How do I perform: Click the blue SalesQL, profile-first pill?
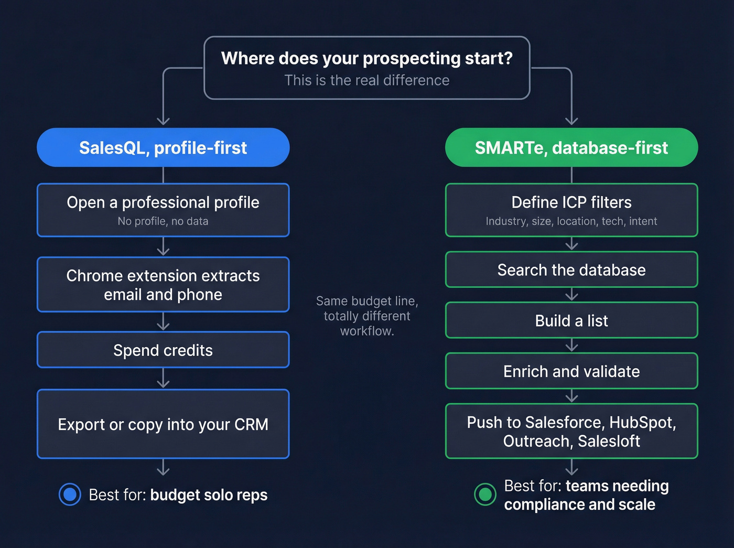click(x=163, y=147)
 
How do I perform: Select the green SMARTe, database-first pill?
click(x=571, y=147)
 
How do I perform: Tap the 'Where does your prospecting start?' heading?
click(x=366, y=58)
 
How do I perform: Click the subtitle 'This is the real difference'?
click(x=366, y=80)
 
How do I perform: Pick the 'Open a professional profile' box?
click(x=163, y=209)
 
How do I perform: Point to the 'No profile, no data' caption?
click(x=163, y=221)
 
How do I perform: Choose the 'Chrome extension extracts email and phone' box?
click(x=163, y=285)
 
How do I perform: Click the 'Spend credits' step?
click(x=163, y=350)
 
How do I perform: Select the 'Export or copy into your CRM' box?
click(x=163, y=424)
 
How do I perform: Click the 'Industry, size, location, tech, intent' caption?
click(x=571, y=221)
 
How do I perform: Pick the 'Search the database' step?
click(x=571, y=270)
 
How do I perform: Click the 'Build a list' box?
click(x=571, y=320)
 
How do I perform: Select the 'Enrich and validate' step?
click(x=571, y=371)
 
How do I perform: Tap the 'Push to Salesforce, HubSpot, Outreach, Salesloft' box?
click(x=571, y=431)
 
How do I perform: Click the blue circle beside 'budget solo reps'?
click(x=70, y=495)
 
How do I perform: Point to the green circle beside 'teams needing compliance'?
click(x=485, y=495)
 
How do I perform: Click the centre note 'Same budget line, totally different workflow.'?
click(x=366, y=316)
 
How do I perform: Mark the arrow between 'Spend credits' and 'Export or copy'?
click(x=163, y=379)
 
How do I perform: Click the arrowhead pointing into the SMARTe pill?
click(x=571, y=121)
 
